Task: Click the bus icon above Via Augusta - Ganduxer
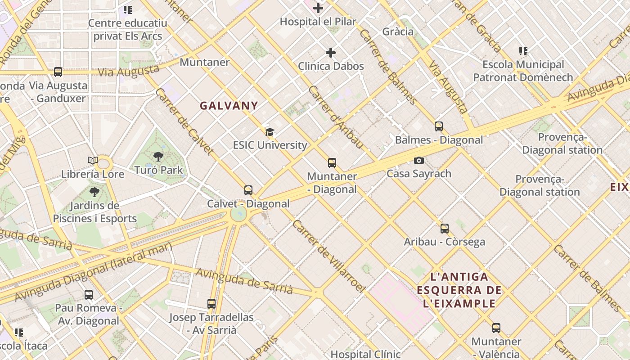[x=58, y=72]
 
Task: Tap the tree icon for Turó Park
[x=158, y=157]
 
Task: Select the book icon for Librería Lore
[x=93, y=161]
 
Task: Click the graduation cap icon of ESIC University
[x=270, y=132]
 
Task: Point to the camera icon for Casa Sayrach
[x=418, y=160]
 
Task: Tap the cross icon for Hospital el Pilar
[x=318, y=8]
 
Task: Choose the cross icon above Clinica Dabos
[x=331, y=53]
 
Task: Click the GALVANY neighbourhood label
[x=229, y=106]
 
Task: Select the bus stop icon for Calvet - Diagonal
[x=248, y=190]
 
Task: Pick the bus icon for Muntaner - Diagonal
[x=332, y=163]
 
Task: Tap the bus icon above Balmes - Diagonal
[x=439, y=126]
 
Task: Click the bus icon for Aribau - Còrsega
[x=445, y=229]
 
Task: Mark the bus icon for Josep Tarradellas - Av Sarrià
[x=211, y=304]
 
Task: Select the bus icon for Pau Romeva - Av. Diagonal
[x=89, y=295]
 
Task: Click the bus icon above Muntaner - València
[x=496, y=328]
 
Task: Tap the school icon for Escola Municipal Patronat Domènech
[x=523, y=51]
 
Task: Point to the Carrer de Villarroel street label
[x=327, y=255]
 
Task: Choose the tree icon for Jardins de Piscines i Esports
[x=94, y=193]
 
